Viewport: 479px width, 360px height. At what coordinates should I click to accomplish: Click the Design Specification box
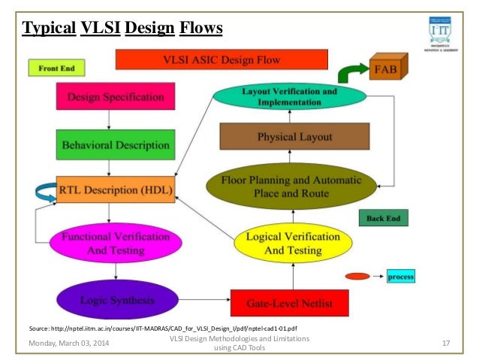[x=116, y=97]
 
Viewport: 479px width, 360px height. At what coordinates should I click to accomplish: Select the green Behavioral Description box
[x=116, y=144]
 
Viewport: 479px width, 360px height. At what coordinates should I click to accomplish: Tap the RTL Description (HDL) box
[x=116, y=189]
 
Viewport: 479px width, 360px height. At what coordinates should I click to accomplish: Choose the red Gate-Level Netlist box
[x=289, y=304]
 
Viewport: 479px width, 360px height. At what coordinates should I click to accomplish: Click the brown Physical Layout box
[x=294, y=137]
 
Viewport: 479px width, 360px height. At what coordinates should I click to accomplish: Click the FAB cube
[x=388, y=70]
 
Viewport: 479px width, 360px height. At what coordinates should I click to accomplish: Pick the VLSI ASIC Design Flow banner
[x=222, y=59]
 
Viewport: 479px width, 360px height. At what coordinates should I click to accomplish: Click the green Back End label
[x=383, y=218]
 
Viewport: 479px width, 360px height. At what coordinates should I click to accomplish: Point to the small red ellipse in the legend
[x=357, y=277]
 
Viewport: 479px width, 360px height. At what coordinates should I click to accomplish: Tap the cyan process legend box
[x=400, y=277]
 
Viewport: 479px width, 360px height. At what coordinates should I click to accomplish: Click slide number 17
[x=446, y=343]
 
